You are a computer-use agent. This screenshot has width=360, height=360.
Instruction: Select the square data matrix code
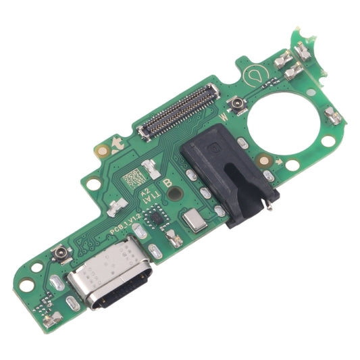point(134,177)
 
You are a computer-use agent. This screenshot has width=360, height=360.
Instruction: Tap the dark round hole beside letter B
point(177,193)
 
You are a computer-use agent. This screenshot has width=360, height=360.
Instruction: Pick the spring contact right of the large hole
point(333,116)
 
